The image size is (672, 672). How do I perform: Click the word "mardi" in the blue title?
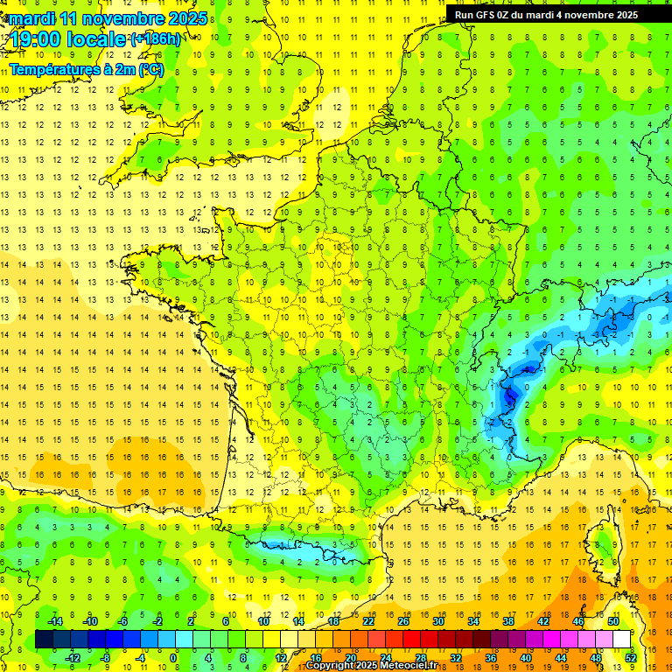(x=31, y=17)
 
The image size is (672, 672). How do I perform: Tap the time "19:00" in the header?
(x=38, y=38)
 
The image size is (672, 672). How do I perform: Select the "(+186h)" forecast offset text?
(x=157, y=38)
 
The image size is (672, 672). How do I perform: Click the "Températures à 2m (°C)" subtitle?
(x=85, y=69)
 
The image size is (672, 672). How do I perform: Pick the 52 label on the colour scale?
(x=630, y=657)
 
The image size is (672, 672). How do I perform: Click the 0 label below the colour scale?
(x=173, y=657)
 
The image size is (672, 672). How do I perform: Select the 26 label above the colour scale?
(x=403, y=621)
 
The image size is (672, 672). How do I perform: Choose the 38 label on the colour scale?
(x=508, y=621)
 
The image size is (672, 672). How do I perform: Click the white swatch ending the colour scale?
(x=621, y=639)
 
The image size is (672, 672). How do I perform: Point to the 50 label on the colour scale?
(x=612, y=621)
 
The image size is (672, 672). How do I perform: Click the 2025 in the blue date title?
(x=187, y=17)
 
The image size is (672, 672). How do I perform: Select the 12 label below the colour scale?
(x=280, y=657)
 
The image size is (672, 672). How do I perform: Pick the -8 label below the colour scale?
(x=104, y=657)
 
